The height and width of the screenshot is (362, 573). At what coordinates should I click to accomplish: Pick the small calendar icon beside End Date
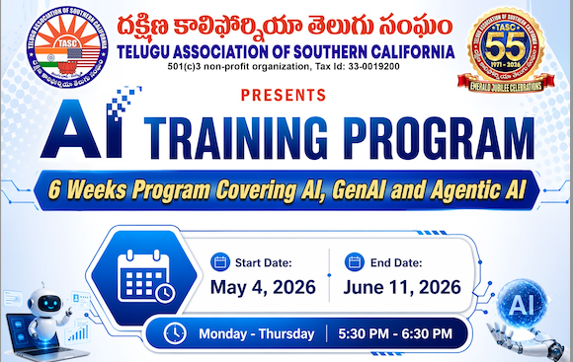355,263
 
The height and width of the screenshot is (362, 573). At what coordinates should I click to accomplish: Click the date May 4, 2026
263,289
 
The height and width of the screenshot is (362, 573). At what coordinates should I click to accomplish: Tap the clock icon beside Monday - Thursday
175,333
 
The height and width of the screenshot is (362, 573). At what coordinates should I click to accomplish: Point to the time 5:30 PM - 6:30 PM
394,333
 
